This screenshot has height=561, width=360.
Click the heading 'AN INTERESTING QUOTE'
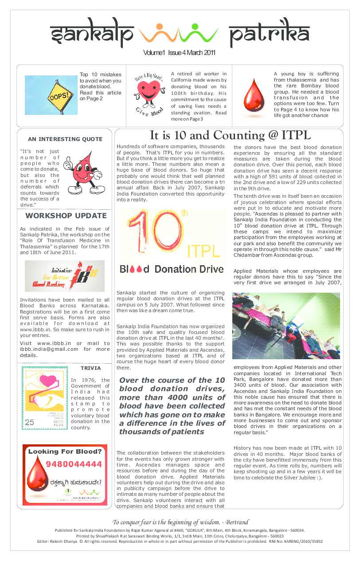pyautogui.click(x=65, y=139)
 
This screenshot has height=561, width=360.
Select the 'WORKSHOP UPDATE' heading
pyautogui.click(x=66, y=216)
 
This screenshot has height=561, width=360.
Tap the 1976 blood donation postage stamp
pyautogui.click(x=45, y=397)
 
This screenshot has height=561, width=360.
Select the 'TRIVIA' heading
pyautogui.click(x=90, y=368)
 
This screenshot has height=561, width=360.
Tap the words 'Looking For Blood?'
pyautogui.click(x=65, y=452)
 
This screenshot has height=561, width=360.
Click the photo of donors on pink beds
pyautogui.click(x=286, y=326)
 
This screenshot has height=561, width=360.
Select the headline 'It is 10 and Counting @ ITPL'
pyautogui.click(x=230, y=136)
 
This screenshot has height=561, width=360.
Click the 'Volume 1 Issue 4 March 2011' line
pyautogui.click(x=179, y=53)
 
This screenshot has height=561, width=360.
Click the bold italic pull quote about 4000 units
pyautogui.click(x=172, y=406)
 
